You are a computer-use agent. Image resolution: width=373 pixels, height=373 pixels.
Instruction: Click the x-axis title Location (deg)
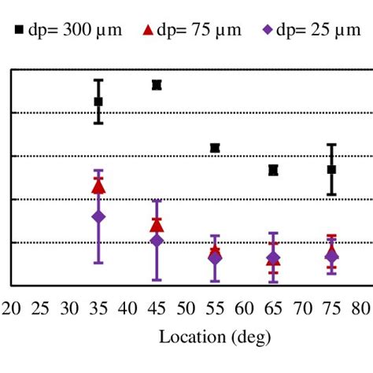tap(215, 338)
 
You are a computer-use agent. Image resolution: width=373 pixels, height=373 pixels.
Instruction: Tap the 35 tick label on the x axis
tap(98, 308)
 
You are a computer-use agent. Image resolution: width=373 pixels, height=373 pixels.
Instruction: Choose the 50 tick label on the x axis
tap(186, 308)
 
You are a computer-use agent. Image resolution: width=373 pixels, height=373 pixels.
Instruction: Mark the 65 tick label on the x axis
tap(273, 308)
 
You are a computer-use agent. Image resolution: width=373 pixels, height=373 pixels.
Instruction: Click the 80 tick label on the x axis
tap(360, 308)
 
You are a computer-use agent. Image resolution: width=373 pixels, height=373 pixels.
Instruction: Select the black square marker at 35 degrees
tap(98, 102)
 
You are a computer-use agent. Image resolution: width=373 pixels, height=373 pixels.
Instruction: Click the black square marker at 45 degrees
tap(157, 85)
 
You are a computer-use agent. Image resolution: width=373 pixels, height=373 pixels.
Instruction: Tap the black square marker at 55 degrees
tap(215, 148)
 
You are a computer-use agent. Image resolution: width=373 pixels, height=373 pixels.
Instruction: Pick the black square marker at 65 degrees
tap(273, 170)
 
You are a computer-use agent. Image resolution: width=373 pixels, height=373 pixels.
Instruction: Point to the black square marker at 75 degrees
tap(331, 169)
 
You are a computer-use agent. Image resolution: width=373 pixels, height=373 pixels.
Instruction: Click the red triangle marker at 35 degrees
tap(98, 186)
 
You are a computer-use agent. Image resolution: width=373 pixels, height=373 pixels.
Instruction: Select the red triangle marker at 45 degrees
tap(157, 226)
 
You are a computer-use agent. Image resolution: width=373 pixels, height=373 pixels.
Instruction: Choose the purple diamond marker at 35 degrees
tap(98, 216)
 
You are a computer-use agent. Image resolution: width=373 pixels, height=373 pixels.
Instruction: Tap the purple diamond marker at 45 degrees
tap(157, 241)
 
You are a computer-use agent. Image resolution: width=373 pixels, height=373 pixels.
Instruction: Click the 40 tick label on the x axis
tap(127, 308)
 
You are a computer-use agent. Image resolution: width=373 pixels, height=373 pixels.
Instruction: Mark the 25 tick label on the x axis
tap(40, 308)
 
